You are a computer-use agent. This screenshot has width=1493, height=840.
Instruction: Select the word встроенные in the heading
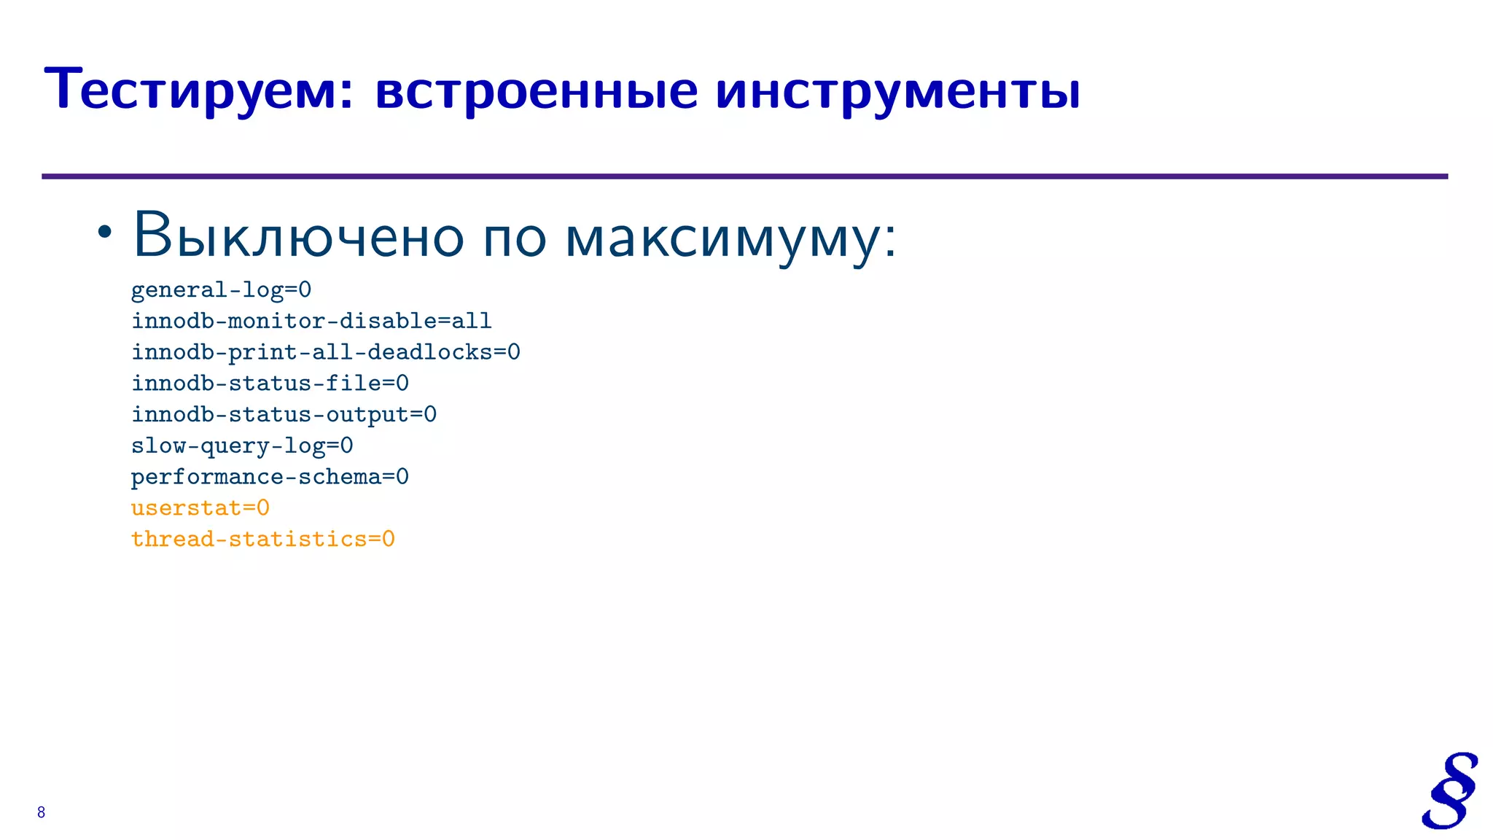click(536, 90)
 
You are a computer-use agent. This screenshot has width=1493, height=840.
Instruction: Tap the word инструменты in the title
click(897, 90)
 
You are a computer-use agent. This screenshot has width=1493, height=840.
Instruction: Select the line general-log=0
click(221, 290)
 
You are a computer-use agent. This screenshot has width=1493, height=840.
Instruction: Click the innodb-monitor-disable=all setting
click(311, 321)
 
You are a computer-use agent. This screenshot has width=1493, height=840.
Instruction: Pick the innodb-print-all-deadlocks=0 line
click(325, 352)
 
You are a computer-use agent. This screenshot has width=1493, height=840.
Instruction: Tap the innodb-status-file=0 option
click(270, 384)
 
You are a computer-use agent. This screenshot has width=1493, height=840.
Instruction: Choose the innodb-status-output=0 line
click(284, 415)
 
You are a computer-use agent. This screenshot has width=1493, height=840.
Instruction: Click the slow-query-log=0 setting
click(242, 446)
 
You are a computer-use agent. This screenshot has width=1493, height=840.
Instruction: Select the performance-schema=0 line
click(270, 477)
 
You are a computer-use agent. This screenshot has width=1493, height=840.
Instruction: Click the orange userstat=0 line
click(200, 508)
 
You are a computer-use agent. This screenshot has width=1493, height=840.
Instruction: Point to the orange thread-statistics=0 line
click(262, 540)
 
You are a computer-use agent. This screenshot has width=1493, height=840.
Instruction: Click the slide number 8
click(41, 812)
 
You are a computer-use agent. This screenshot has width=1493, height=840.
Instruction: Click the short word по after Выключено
click(515, 239)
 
